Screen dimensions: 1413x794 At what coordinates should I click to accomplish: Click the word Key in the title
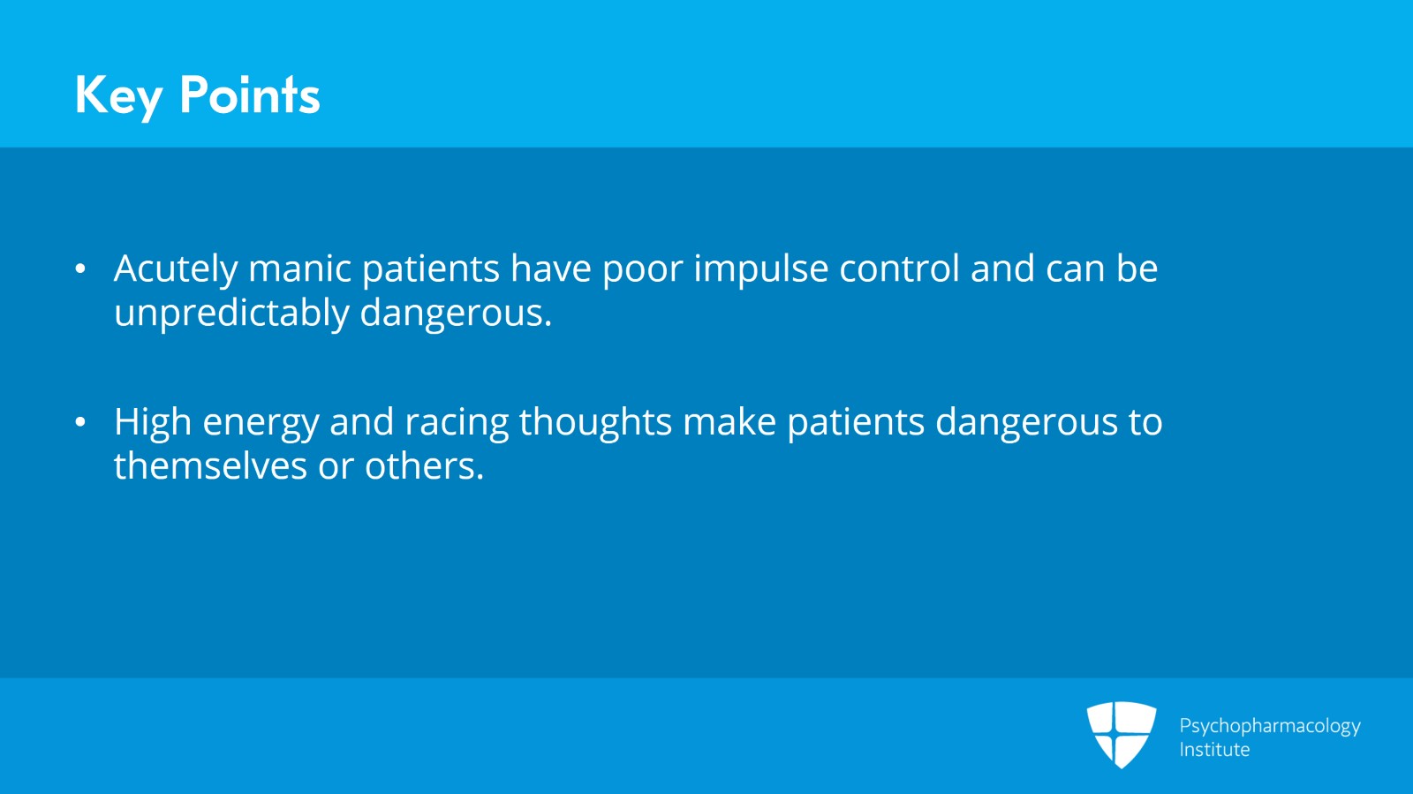(x=118, y=96)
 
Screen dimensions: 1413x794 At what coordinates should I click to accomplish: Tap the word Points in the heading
(x=250, y=95)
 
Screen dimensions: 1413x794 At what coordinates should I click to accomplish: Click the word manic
(x=299, y=268)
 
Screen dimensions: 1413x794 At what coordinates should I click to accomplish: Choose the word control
(x=900, y=268)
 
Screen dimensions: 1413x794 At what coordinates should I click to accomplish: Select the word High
(x=153, y=423)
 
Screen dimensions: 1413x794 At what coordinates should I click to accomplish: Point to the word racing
(x=457, y=423)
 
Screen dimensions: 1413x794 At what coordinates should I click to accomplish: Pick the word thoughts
(x=595, y=423)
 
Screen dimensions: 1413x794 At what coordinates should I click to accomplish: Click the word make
(x=729, y=421)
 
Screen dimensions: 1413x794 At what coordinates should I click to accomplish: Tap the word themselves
(x=210, y=466)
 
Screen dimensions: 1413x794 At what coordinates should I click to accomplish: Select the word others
(x=425, y=466)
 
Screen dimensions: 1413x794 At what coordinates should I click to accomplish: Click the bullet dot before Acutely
(x=80, y=269)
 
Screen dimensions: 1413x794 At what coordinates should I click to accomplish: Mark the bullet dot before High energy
(x=80, y=422)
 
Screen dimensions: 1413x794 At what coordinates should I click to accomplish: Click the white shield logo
(x=1122, y=735)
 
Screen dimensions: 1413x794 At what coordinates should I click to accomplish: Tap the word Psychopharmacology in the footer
(x=1270, y=727)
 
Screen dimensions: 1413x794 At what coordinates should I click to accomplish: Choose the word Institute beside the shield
(x=1214, y=749)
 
